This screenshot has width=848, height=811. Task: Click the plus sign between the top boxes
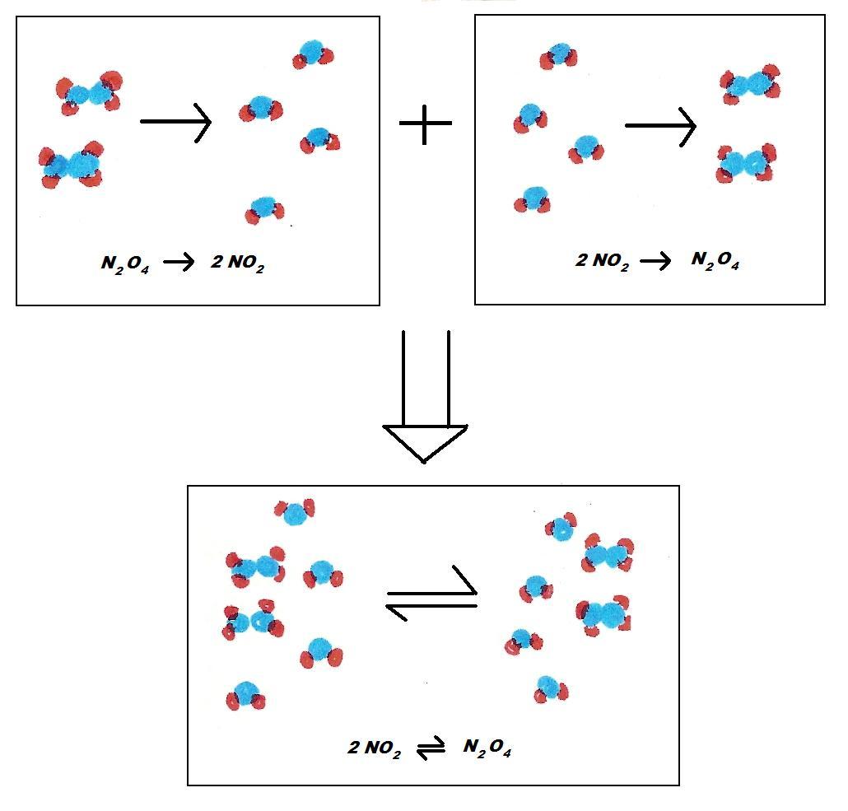click(x=425, y=124)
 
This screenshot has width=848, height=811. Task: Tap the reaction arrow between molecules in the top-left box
click(x=175, y=122)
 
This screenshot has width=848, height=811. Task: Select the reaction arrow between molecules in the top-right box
click(x=660, y=126)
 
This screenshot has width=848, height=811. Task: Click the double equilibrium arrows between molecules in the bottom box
click(x=431, y=594)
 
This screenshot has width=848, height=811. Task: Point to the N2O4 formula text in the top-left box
click(x=125, y=263)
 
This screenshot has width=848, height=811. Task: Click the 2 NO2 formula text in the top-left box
click(x=237, y=263)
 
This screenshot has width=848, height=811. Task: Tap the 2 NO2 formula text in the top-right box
click(x=602, y=261)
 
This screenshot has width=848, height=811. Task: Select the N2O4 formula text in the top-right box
click(x=715, y=260)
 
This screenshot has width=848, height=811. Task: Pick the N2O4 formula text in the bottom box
click(x=487, y=748)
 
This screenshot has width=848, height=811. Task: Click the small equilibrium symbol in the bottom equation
click(x=431, y=749)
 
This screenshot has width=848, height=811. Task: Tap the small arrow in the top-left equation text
click(x=179, y=263)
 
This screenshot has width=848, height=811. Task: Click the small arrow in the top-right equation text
click(x=655, y=262)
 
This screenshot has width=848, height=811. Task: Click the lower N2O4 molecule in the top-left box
click(x=72, y=165)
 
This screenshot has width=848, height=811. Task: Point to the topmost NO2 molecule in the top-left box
click(x=313, y=54)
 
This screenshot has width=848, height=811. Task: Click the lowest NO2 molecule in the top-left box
click(x=264, y=210)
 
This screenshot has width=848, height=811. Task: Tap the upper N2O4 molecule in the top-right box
click(x=750, y=85)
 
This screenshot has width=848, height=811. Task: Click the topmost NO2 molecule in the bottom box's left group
click(x=296, y=512)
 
